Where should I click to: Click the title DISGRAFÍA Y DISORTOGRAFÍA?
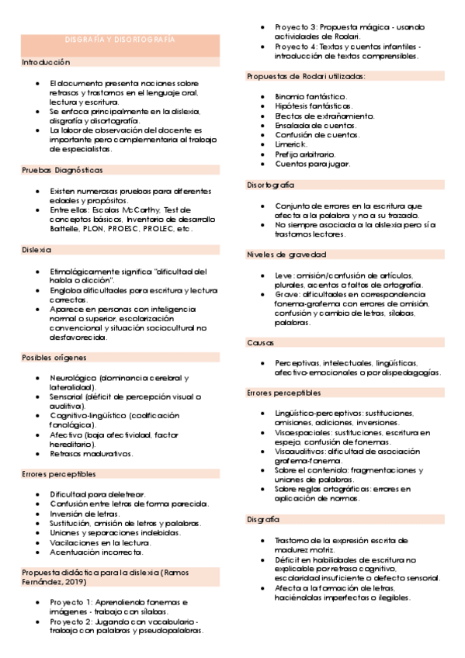coord(120,40)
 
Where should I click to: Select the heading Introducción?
coord(46,62)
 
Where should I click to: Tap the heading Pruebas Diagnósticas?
coord(62,170)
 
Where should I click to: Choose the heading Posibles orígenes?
coord(54,358)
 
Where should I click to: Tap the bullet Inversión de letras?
coord(85,514)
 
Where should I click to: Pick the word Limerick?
coord(291,144)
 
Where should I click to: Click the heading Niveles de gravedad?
coord(286,255)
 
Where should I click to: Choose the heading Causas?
coord(260,342)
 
